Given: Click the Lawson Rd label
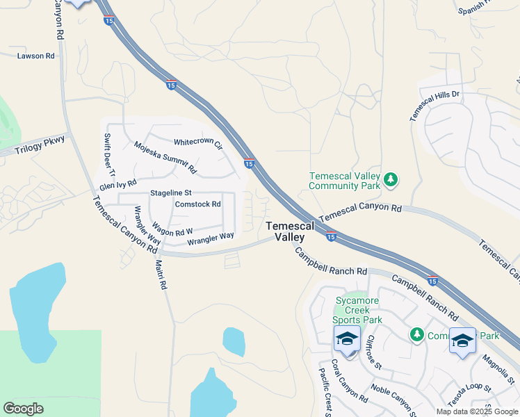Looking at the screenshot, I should pyautogui.click(x=35, y=56).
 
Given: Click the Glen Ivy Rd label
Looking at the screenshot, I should pyautogui.click(x=117, y=185).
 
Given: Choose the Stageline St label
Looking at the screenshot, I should pyautogui.click(x=170, y=193).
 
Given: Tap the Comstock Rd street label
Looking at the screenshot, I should pyautogui.click(x=197, y=204).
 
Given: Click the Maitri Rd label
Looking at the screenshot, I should pyautogui.click(x=162, y=274).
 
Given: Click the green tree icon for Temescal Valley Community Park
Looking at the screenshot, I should pyautogui.click(x=391, y=181).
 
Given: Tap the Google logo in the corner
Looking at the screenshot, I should pyautogui.click(x=23, y=409).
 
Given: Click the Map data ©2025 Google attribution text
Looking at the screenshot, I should pyautogui.click(x=477, y=411).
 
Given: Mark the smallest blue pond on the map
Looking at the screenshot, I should pyautogui.click(x=234, y=341).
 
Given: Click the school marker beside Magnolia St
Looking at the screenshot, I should pyautogui.click(x=462, y=342).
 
